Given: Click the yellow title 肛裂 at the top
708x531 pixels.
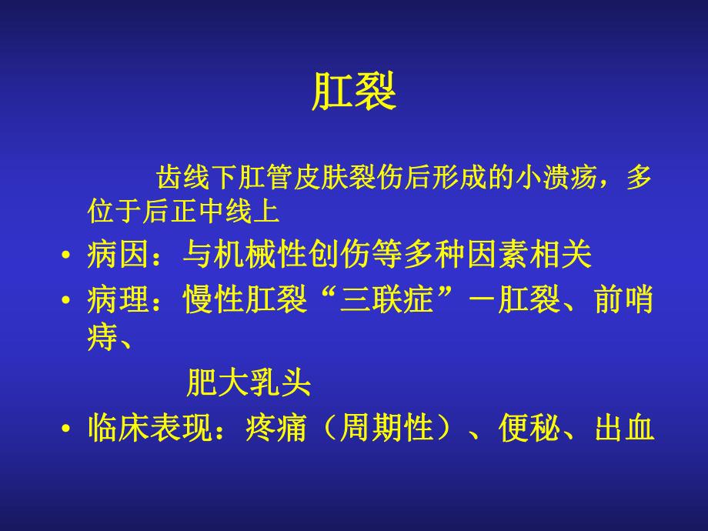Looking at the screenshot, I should click(354, 94).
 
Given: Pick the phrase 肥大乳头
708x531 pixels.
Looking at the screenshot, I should click(249, 382).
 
